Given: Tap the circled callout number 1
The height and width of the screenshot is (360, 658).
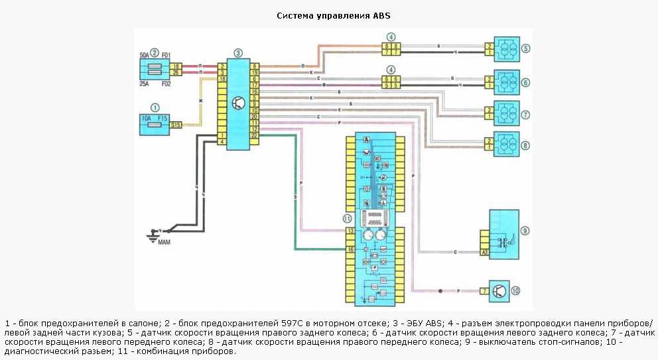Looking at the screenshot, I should tap(155, 107).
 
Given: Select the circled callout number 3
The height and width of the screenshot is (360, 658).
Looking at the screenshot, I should tap(238, 52).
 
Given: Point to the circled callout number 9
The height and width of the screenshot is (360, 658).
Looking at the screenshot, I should tap(525, 231).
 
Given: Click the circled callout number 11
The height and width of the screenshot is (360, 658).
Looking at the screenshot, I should tap(347, 218).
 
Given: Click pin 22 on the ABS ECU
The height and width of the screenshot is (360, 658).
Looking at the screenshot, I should tap(254, 135).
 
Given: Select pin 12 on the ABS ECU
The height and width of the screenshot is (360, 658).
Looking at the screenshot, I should tap(254, 129).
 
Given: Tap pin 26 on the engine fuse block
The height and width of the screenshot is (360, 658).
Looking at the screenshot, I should tap(176, 73).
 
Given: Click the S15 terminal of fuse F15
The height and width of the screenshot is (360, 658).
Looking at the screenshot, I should tap(176, 125).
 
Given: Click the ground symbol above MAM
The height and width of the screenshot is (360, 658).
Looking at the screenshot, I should tap(154, 232).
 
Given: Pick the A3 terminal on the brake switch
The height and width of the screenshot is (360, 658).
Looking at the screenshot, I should tap(486, 253).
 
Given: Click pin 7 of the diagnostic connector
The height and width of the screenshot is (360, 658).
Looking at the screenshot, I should tap(485, 290).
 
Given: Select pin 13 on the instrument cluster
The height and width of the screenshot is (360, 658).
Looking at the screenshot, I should tap(351, 231).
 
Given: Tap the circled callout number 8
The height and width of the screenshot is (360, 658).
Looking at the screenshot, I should tap(525, 145).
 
